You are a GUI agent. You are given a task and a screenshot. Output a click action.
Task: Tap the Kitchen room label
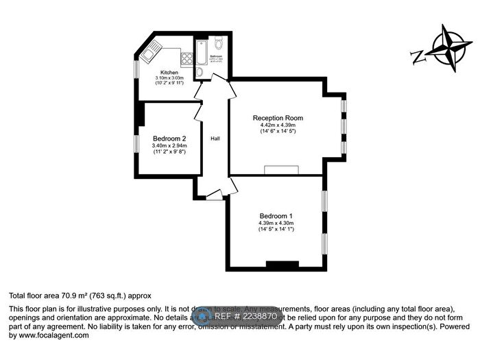coord(169,73)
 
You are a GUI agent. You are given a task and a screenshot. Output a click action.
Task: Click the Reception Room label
coord(278,118)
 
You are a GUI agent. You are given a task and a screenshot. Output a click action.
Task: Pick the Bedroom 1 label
coord(276,215)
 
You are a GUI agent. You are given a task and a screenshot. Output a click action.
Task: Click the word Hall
coord(215,139)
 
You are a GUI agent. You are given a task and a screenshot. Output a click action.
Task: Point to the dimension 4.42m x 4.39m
coord(278,125)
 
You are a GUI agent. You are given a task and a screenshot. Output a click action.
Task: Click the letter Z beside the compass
coord(417,56)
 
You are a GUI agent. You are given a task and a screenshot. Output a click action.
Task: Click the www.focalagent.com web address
coord(48,335)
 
